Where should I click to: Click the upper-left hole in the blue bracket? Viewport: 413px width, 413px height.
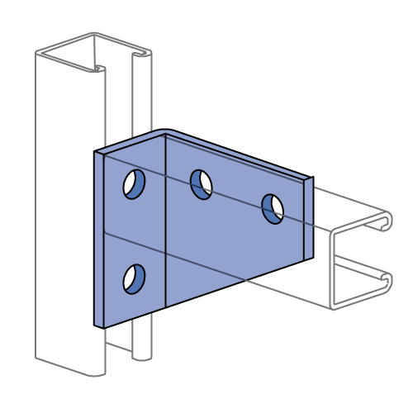(134, 184)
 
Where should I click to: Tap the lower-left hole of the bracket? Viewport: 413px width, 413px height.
(134, 279)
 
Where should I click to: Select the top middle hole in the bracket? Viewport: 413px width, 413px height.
(202, 184)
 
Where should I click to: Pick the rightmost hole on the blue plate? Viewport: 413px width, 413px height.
(273, 209)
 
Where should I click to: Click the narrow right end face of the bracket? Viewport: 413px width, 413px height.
(308, 219)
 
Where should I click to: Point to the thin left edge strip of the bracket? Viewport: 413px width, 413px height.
(99, 240)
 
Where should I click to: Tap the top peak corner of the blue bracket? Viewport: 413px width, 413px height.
(165, 132)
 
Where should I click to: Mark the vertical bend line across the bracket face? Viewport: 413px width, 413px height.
(165, 223)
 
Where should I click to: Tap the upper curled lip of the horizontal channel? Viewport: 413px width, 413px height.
(383, 221)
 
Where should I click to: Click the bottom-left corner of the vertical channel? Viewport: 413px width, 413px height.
(36, 358)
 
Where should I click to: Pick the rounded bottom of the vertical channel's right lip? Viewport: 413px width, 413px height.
(142, 358)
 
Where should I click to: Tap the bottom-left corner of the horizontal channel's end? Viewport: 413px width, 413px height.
(333, 309)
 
